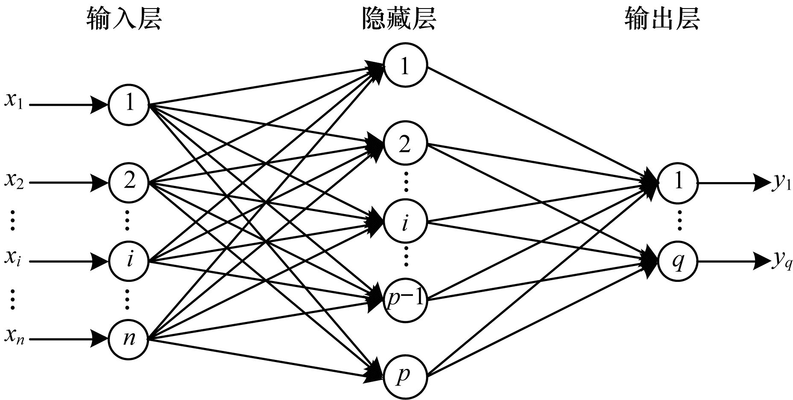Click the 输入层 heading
pos(123,20)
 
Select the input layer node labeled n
pos(129,339)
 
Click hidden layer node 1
pos(405,66)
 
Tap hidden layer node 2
pos(405,144)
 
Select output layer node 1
pos(678,183)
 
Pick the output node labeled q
pos(678,261)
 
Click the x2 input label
pos(15,182)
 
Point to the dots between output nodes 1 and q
pos(679,222)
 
